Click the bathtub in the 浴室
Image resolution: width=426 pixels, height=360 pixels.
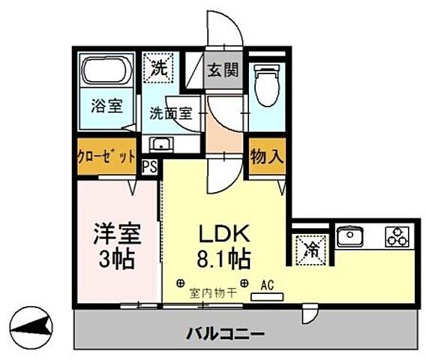point(105,73)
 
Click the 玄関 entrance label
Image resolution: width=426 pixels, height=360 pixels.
point(223,71)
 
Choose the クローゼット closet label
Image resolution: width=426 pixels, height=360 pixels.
point(106,157)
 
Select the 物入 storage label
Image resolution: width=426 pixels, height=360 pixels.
point(267,157)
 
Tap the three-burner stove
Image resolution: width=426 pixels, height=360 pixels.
point(395,238)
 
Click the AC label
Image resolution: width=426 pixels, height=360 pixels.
point(267,285)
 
